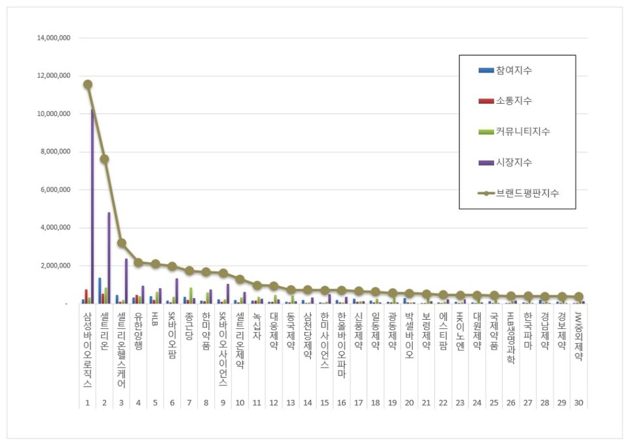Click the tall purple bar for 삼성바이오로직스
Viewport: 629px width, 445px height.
click(x=93, y=207)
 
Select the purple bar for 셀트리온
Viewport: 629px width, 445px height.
click(x=109, y=258)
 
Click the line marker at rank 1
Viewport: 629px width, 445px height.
click(x=88, y=84)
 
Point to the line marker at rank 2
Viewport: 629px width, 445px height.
click(x=104, y=159)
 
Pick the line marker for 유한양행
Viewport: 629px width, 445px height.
click(x=138, y=263)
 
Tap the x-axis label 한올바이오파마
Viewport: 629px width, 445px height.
click(x=341, y=345)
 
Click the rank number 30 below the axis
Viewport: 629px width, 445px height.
click(x=578, y=402)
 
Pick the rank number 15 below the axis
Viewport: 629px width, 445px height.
click(x=324, y=402)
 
